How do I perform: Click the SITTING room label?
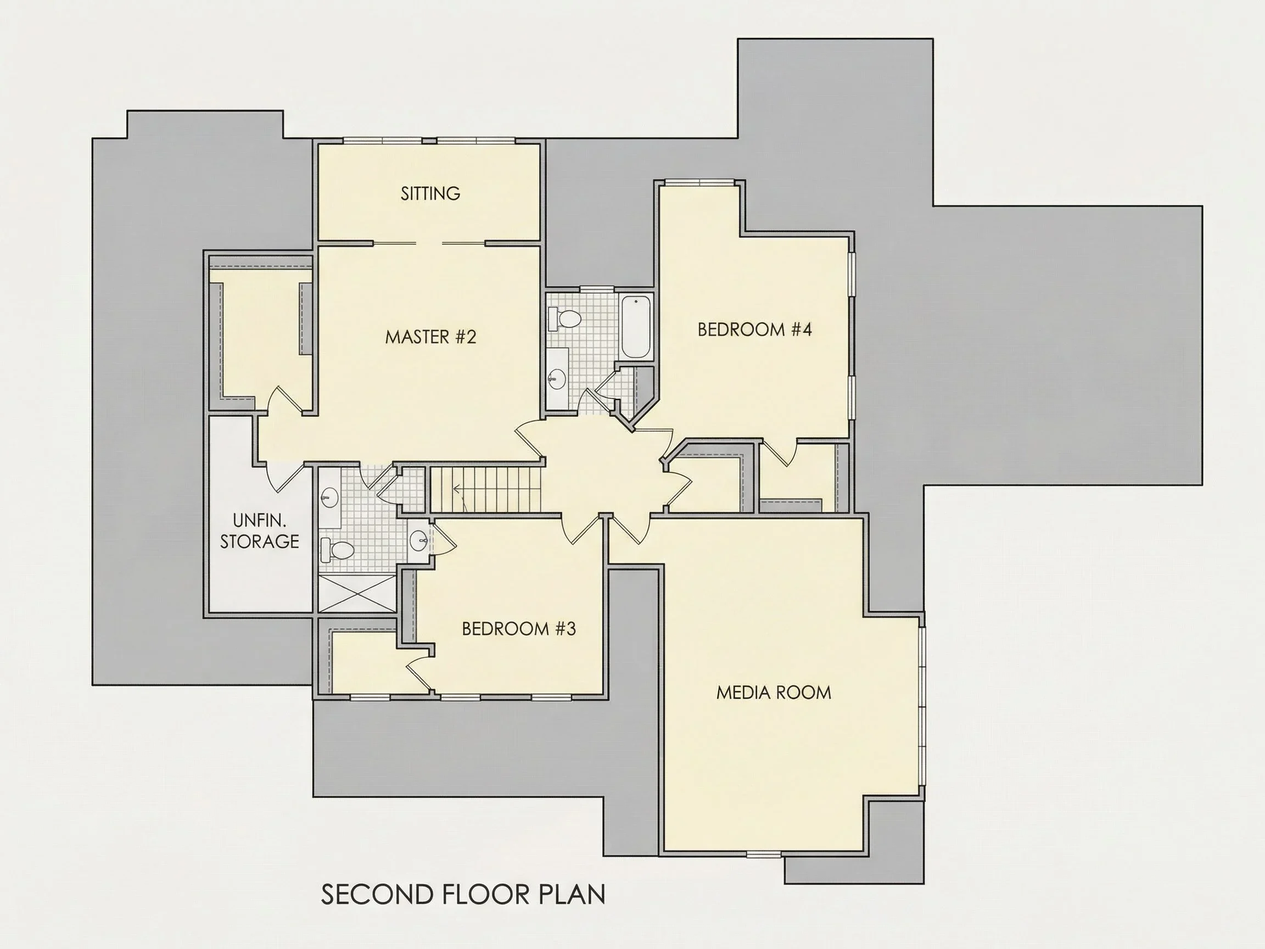coord(430,193)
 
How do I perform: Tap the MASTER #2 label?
coord(430,337)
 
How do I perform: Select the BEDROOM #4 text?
coord(754,330)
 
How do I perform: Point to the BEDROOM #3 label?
coord(519,629)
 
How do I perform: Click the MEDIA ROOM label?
coord(774,693)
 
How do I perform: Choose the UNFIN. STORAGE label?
coord(260,531)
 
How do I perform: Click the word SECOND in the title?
coord(377,895)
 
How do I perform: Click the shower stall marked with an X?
coord(357,594)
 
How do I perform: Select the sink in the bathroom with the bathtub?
coord(556,377)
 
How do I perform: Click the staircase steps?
coord(485,490)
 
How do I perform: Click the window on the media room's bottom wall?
coord(764,854)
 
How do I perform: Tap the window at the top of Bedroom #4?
coord(699,183)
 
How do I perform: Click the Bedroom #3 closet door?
coord(421,673)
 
